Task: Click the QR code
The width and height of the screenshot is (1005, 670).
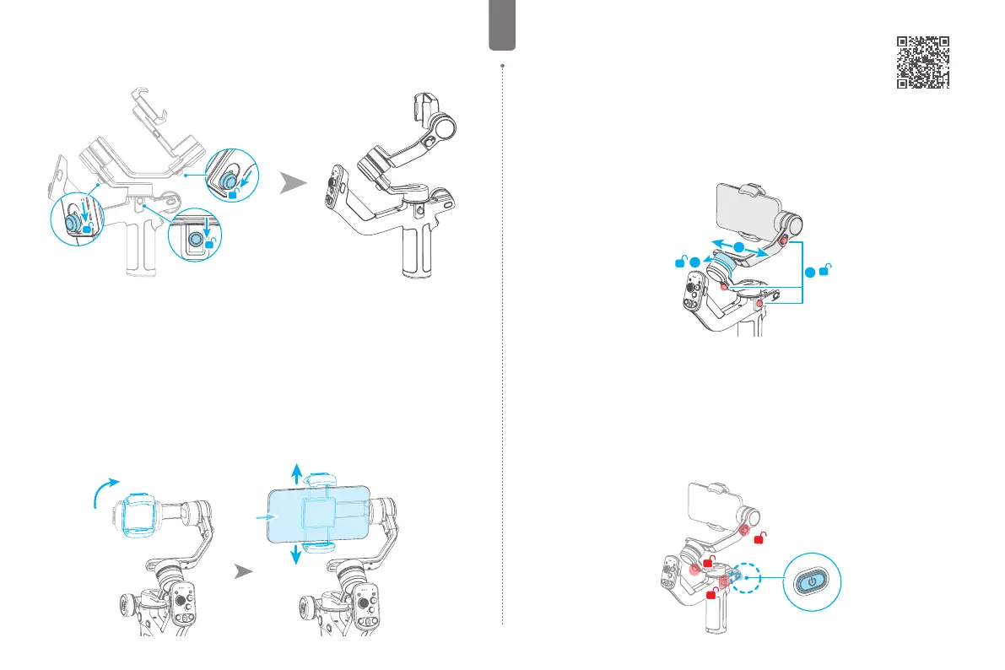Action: coord(923,62)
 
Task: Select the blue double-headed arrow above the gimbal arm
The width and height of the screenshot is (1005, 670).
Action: coord(738,246)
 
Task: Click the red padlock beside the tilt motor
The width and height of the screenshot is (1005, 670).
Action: coord(760,537)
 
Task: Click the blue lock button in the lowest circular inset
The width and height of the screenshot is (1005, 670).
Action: coord(196,240)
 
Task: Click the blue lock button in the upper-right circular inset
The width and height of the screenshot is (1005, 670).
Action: coord(228,180)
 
